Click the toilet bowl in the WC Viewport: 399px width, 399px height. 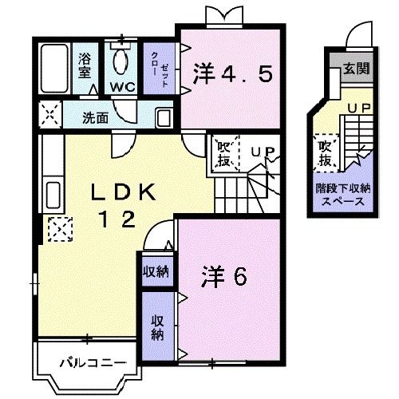121,59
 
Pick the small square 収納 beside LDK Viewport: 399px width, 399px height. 156,272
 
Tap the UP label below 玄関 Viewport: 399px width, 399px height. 356,105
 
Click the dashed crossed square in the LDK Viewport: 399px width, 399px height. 59,230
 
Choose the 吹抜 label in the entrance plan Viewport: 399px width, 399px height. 326,154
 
